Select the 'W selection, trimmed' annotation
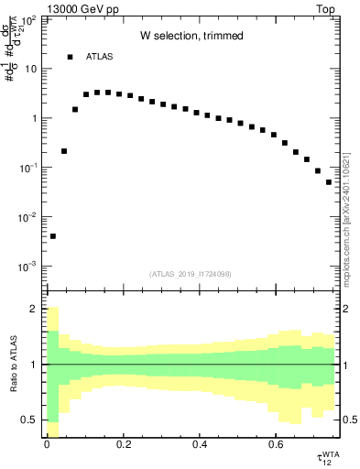191,36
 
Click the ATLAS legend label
100,57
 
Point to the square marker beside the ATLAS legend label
70,57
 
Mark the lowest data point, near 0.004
53,236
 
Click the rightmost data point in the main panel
329,182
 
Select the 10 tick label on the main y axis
29,69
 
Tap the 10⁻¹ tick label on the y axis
27,168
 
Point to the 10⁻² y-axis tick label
27,217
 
